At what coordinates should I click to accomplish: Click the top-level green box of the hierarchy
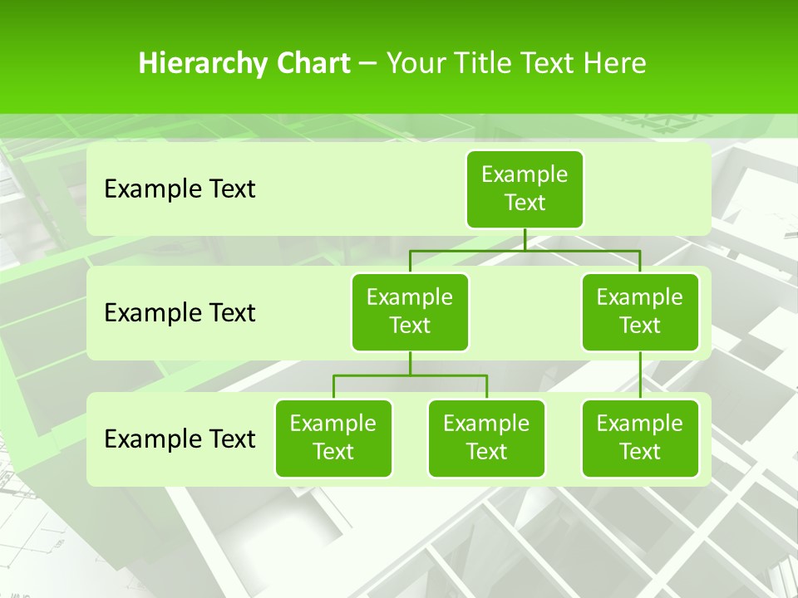point(525,189)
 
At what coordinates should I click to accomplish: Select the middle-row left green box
point(410,311)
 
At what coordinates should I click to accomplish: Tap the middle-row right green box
point(640,311)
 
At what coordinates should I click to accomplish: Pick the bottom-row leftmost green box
point(333,438)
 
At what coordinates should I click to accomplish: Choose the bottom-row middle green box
point(486,438)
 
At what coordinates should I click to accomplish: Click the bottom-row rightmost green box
point(640,438)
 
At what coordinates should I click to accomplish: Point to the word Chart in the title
point(308,64)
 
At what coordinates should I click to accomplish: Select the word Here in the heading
point(614,64)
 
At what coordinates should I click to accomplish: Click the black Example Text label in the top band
point(180,189)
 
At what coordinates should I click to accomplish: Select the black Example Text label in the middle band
point(180,313)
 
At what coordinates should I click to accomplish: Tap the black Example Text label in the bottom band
point(180,439)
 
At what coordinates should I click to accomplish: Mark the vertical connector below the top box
point(525,239)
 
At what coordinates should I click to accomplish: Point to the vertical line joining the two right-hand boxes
point(640,375)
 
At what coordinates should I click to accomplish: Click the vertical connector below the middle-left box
point(410,364)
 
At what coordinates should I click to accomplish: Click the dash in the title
point(368,64)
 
